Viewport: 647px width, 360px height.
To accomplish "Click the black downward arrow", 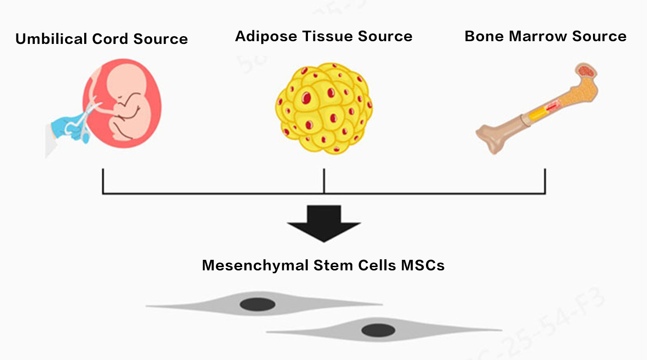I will pos(323,223).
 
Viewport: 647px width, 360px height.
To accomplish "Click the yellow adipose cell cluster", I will pos(323,109).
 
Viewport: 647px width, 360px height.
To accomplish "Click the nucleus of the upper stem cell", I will pos(258,304).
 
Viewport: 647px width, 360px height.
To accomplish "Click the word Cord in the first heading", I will pos(110,39).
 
